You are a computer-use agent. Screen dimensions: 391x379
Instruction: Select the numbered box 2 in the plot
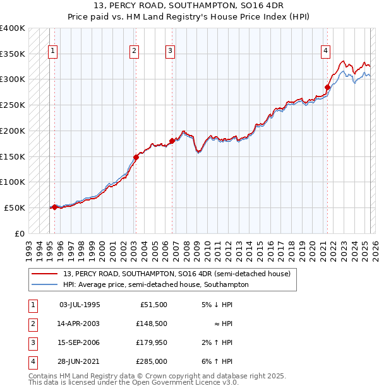pyautogui.click(x=135, y=52)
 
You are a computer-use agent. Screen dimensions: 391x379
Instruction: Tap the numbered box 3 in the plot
pyautogui.click(x=170, y=52)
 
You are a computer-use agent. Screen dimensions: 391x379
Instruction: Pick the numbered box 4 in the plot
pyautogui.click(x=325, y=52)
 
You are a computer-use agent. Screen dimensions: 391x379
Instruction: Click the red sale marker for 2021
pyautogui.click(x=327, y=87)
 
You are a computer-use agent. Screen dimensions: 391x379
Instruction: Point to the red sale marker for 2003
pyautogui.click(x=136, y=157)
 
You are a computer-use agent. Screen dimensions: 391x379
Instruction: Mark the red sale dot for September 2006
pyautogui.click(x=172, y=141)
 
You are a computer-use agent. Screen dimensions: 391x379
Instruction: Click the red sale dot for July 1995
pyautogui.click(x=54, y=206)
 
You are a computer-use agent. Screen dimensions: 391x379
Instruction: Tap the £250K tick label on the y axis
pyautogui.click(x=13, y=105)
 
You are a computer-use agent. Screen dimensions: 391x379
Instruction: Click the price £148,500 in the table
pyautogui.click(x=152, y=324)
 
